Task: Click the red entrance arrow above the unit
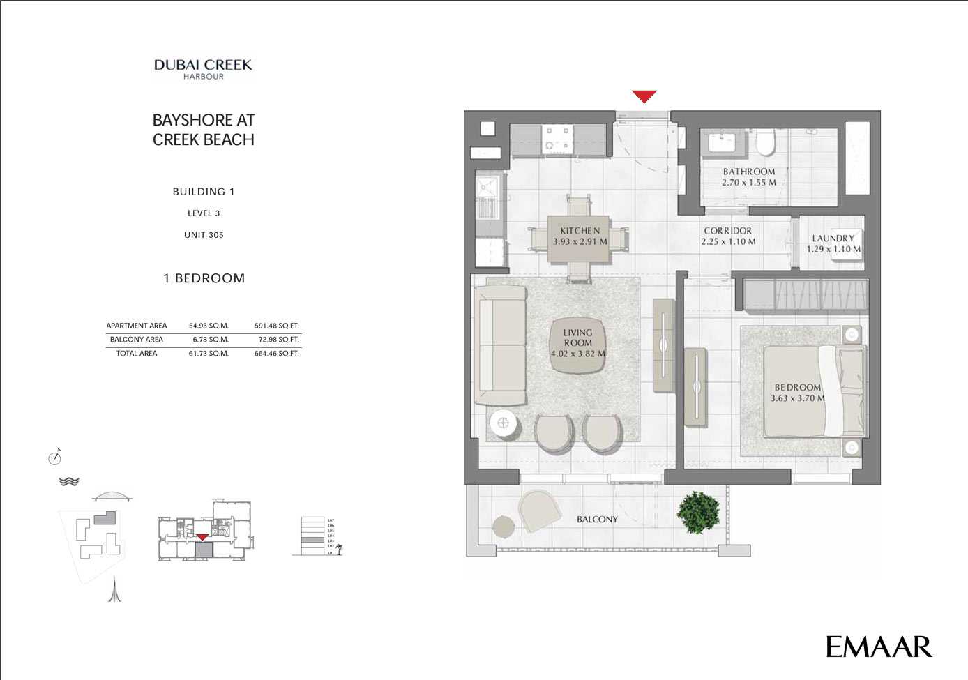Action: (x=644, y=96)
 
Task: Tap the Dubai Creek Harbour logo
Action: (x=203, y=69)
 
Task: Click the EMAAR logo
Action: (x=878, y=647)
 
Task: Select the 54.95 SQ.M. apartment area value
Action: (x=209, y=326)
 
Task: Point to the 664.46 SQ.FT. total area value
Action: (x=276, y=354)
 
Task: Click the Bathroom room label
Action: (x=749, y=172)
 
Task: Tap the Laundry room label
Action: (x=833, y=239)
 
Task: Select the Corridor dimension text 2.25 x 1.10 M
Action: (x=728, y=242)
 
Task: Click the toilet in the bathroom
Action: (x=766, y=143)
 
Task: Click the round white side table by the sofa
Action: (x=503, y=423)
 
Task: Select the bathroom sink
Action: (x=721, y=144)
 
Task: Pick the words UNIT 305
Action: (x=204, y=235)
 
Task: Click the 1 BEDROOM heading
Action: (x=204, y=278)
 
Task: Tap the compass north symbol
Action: (x=55, y=458)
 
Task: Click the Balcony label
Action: (x=597, y=520)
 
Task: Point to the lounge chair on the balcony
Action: (x=539, y=510)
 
